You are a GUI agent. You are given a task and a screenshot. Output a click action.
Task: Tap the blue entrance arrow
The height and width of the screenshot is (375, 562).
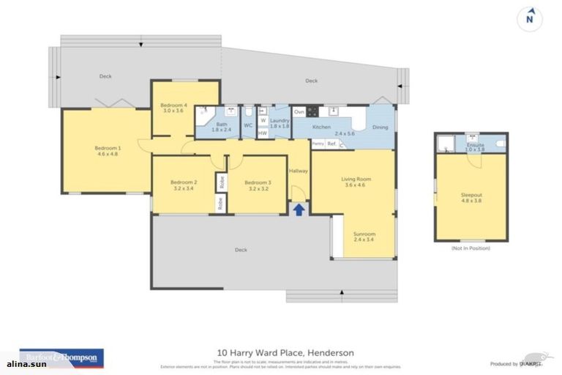click(x=299, y=209)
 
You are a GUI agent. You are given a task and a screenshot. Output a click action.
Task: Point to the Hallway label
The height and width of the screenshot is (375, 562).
click(x=299, y=171)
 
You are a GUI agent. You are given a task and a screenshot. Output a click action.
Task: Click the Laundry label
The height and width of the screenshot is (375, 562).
click(x=280, y=122)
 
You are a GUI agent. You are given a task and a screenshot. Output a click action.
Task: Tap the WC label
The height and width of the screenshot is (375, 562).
click(x=248, y=125)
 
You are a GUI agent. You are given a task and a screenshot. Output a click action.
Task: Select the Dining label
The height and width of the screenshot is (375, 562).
click(x=381, y=127)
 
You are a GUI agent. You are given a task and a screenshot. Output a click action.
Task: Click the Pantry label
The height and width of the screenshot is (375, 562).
click(x=318, y=144)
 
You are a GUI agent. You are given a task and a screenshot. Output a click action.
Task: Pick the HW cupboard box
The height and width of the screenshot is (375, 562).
click(x=262, y=133)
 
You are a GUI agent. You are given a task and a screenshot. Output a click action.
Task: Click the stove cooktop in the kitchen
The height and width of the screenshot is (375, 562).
click(x=312, y=112)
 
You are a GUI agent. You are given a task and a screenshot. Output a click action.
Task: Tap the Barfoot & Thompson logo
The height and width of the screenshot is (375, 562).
click(x=61, y=357)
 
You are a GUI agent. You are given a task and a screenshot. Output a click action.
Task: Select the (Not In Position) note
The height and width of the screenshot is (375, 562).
click(x=471, y=248)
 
